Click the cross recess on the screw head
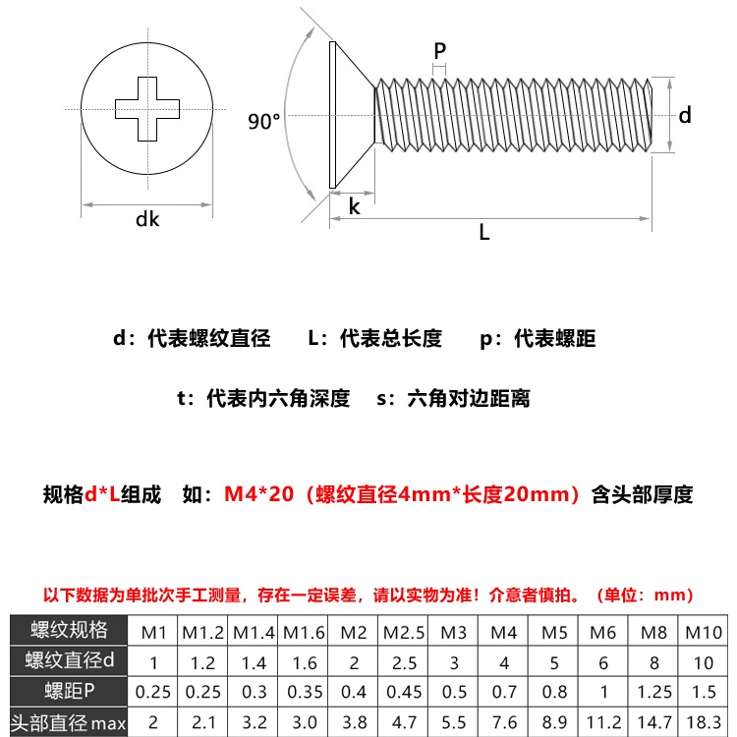pyautogui.click(x=147, y=108)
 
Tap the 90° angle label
pyautogui.click(x=264, y=122)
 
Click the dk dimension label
pyautogui.click(x=147, y=219)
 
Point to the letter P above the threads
pyautogui.click(x=439, y=50)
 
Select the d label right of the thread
pyautogui.click(x=685, y=115)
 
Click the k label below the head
pyautogui.click(x=354, y=207)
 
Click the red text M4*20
pyautogui.click(x=259, y=494)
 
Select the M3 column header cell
pyautogui.click(x=453, y=630)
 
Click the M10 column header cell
pyautogui.click(x=703, y=630)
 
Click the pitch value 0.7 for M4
pyautogui.click(x=503, y=693)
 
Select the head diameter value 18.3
pyautogui.click(x=703, y=724)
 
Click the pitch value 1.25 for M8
pyautogui.click(x=653, y=693)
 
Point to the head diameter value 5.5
pyautogui.click(x=453, y=724)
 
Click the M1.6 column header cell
pyautogui.click(x=304, y=630)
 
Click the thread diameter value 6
pyautogui.click(x=604, y=661)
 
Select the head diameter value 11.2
pyautogui.click(x=604, y=724)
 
